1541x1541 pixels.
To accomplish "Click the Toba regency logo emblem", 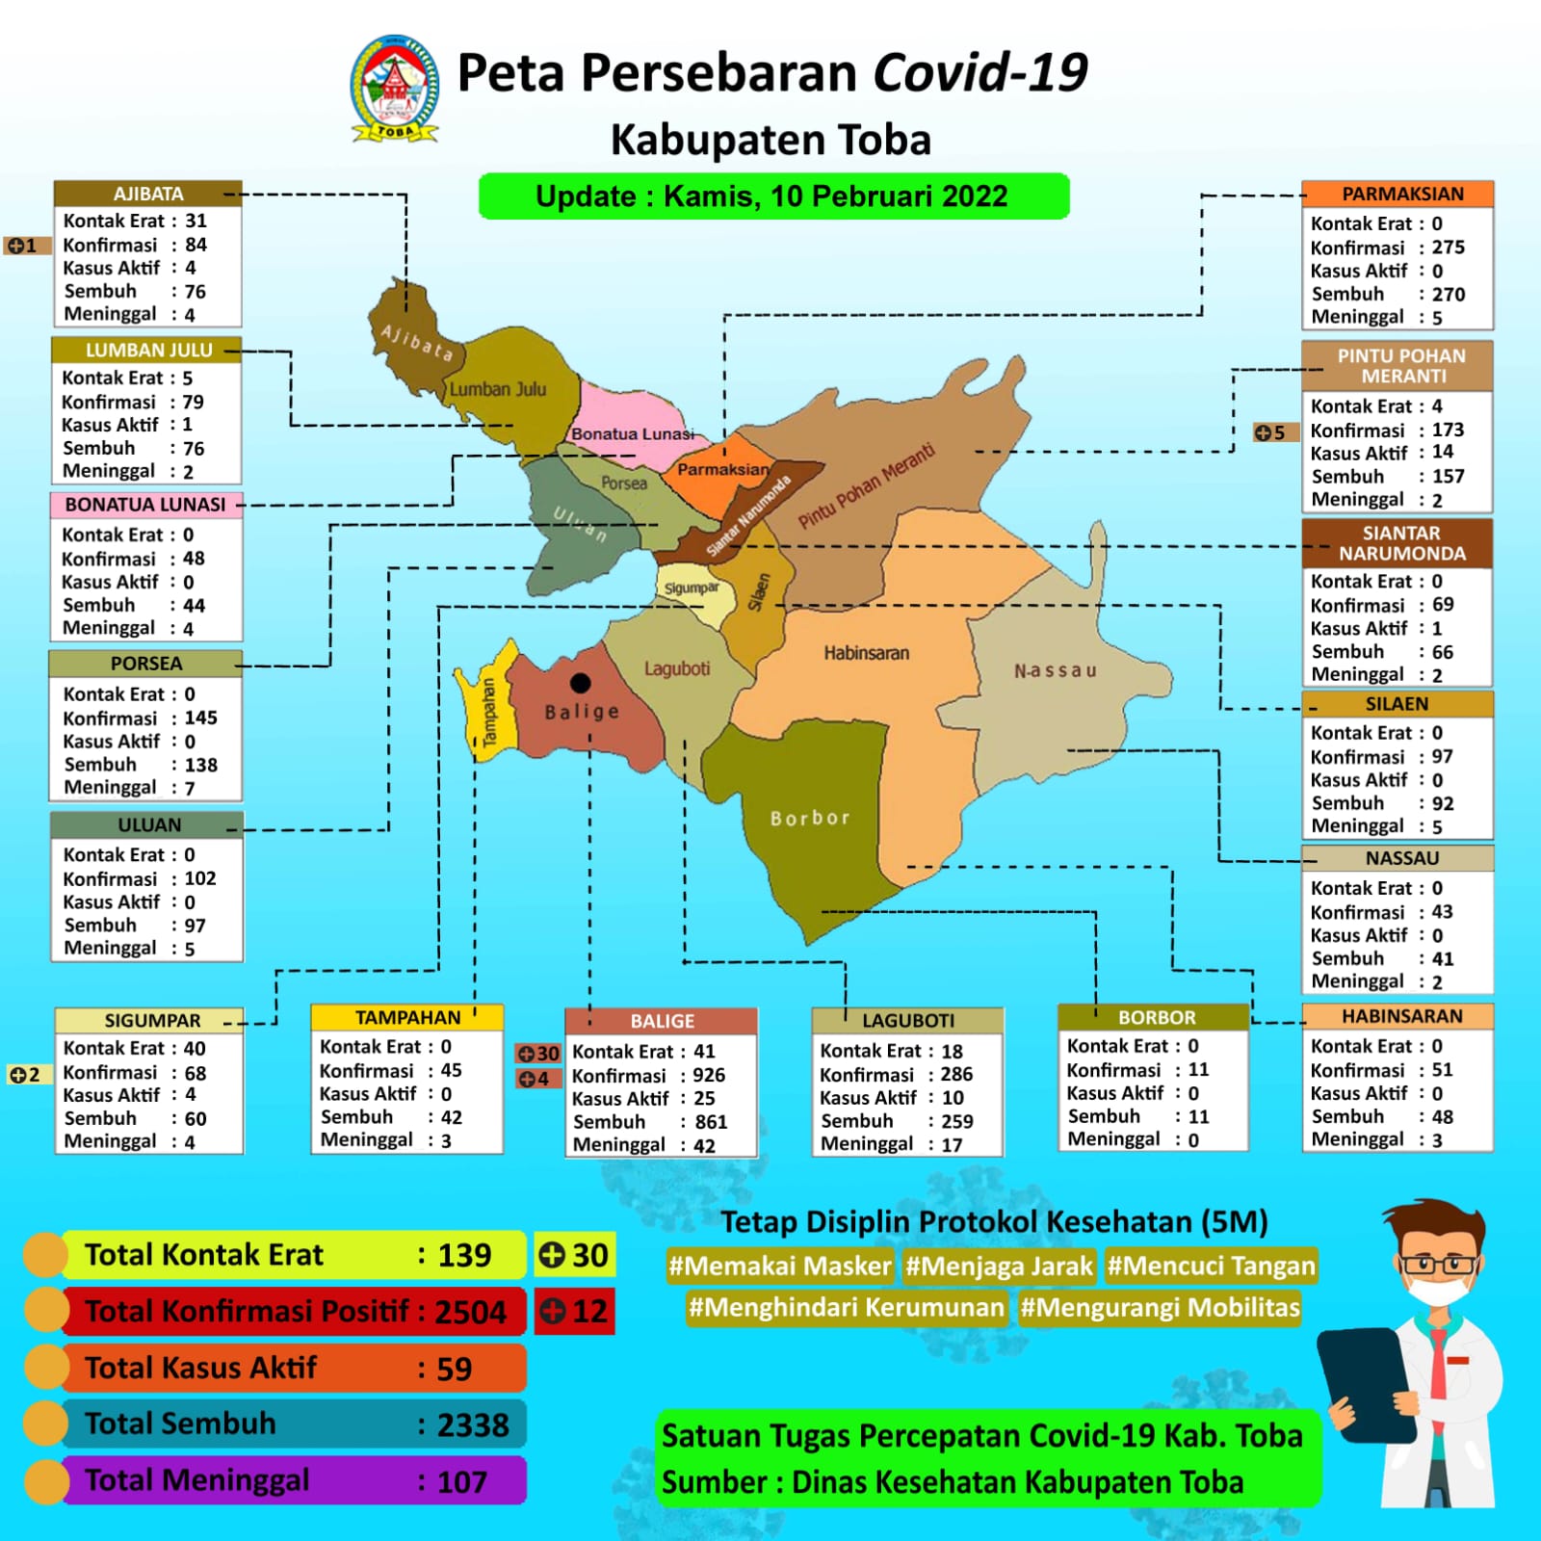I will click(395, 89).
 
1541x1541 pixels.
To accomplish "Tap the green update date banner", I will click(773, 196).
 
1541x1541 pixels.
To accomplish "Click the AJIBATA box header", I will click(147, 194).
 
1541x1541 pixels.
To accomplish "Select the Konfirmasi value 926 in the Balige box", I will click(709, 1075).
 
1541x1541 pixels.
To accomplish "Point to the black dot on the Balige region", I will click(580, 683).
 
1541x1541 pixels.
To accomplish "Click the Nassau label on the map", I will click(1055, 670).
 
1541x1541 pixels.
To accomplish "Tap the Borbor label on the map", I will click(810, 818).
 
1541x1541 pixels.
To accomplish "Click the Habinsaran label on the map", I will click(866, 653).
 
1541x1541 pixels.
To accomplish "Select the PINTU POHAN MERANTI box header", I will click(1401, 366).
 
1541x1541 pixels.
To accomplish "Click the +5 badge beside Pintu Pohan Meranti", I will click(1270, 432).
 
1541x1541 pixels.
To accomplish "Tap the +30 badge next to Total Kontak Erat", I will click(574, 1255).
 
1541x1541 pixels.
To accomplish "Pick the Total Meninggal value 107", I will click(462, 1481).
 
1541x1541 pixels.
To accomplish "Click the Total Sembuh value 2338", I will click(472, 1424).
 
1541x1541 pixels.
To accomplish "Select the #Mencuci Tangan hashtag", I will click(1211, 1266).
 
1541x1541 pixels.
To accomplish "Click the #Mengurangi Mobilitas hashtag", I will click(1160, 1307).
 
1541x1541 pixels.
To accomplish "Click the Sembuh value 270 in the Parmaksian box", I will click(1448, 295).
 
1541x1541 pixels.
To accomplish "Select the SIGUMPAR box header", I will click(152, 1020).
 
